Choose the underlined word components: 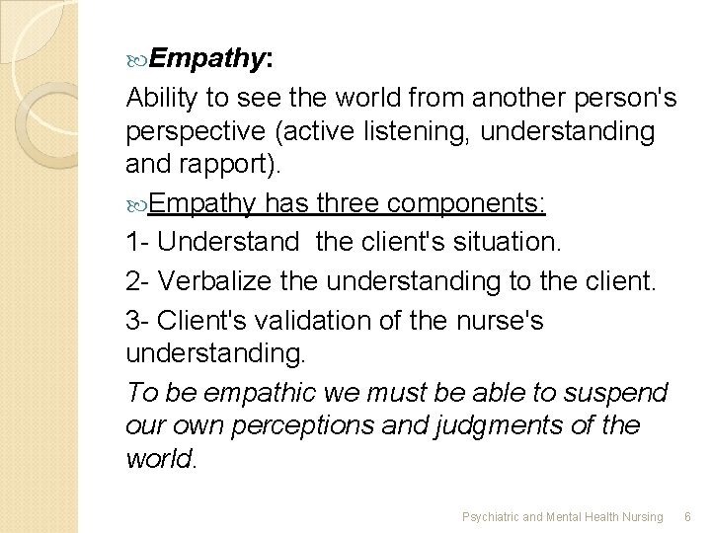pos(473,204)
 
